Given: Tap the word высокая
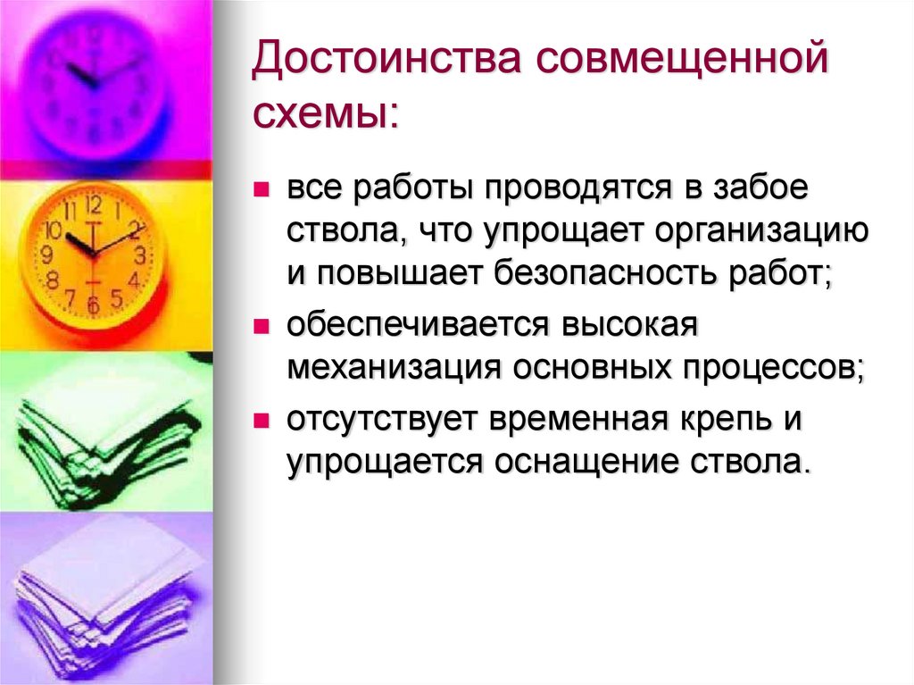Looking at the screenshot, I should pyautogui.click(x=627, y=326).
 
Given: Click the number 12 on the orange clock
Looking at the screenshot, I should pyautogui.click(x=94, y=205).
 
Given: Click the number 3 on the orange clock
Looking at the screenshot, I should pyautogui.click(x=139, y=254).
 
